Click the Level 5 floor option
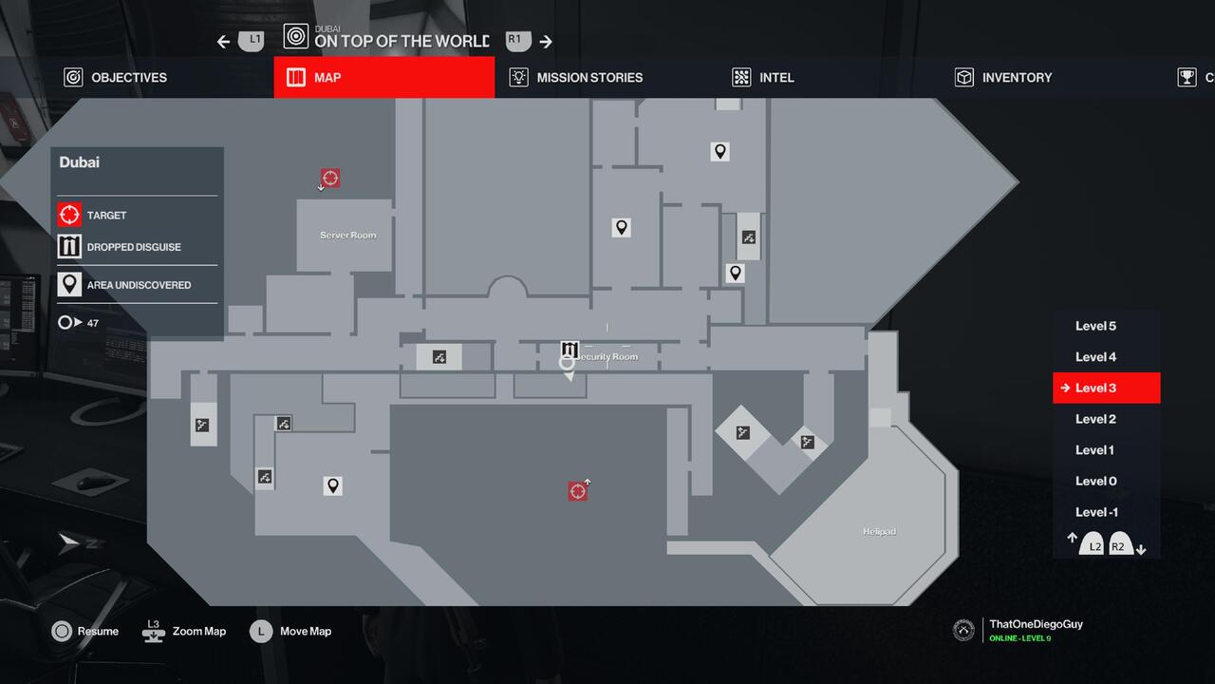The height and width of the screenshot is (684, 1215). [1095, 326]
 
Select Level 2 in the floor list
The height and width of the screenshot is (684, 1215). [1095, 419]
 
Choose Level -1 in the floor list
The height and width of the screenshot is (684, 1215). [1096, 512]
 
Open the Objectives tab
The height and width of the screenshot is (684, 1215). [115, 78]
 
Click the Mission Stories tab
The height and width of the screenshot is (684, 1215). [576, 78]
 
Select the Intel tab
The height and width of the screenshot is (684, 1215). [763, 78]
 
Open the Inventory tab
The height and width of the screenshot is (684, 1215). [1003, 78]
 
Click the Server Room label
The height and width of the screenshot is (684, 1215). [347, 235]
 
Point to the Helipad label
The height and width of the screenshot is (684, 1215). [879, 531]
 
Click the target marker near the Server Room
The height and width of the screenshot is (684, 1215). [330, 178]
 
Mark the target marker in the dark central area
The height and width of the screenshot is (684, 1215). [577, 490]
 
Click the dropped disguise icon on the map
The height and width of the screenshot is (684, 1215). [570, 350]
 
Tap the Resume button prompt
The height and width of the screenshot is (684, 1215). [85, 631]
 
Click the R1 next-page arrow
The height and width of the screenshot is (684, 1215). [546, 42]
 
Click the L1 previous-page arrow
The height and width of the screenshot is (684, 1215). [223, 42]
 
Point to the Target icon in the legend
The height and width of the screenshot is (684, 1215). [69, 216]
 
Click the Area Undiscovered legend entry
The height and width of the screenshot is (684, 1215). [124, 285]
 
